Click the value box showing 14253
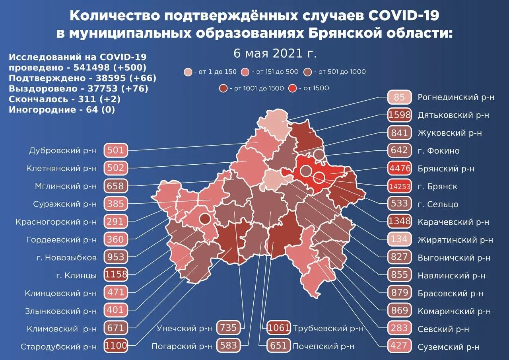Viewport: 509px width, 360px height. click(x=399, y=186)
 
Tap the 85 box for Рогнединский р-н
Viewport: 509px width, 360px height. click(x=399, y=97)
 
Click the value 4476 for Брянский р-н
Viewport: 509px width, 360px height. click(x=399, y=168)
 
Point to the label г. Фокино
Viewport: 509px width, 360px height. click(x=439, y=151)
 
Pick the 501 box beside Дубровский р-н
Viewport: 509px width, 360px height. click(x=116, y=150)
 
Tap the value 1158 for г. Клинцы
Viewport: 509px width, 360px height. click(x=116, y=275)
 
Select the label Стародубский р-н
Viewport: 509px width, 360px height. click(x=58, y=346)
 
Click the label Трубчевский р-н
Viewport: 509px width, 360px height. click(x=328, y=329)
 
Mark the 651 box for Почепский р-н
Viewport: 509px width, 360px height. click(x=278, y=346)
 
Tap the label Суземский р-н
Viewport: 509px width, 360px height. click(x=449, y=347)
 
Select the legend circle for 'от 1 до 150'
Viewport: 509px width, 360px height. click(x=188, y=72)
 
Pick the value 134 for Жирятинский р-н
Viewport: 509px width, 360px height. click(x=399, y=239)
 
